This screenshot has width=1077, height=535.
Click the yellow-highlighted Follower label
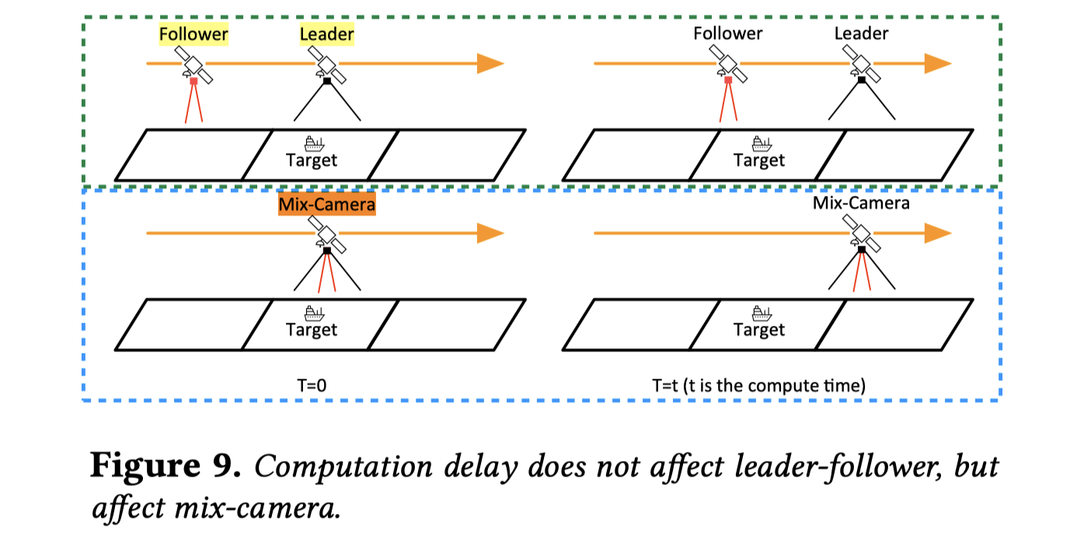pyautogui.click(x=193, y=34)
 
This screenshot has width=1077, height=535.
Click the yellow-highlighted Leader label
pyautogui.click(x=326, y=34)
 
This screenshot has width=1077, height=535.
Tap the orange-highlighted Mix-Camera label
pyautogui.click(x=326, y=205)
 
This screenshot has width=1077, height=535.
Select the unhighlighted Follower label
pyautogui.click(x=727, y=33)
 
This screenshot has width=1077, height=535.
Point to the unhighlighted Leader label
pyautogui.click(x=861, y=33)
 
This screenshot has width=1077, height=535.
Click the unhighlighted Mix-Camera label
pyautogui.click(x=861, y=204)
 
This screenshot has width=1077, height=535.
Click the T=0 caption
pyautogui.click(x=316, y=385)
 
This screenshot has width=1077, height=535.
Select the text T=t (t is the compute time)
pyautogui.click(x=758, y=385)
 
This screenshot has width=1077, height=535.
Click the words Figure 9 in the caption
pyautogui.click(x=163, y=467)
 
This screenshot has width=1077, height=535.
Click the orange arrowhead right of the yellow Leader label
pyautogui.click(x=490, y=64)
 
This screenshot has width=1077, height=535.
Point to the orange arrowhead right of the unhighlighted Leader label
pyautogui.click(x=937, y=64)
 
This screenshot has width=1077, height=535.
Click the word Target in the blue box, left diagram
pyautogui.click(x=312, y=330)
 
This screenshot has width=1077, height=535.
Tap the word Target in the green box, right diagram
pyautogui.click(x=759, y=161)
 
